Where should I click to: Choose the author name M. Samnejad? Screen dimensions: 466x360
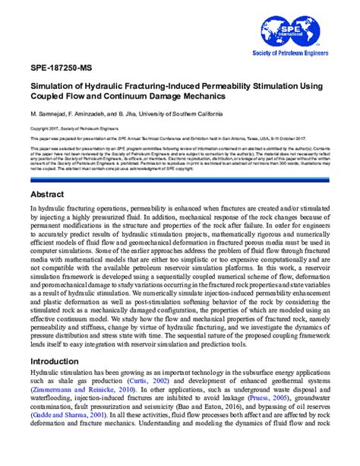tap(47, 113)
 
